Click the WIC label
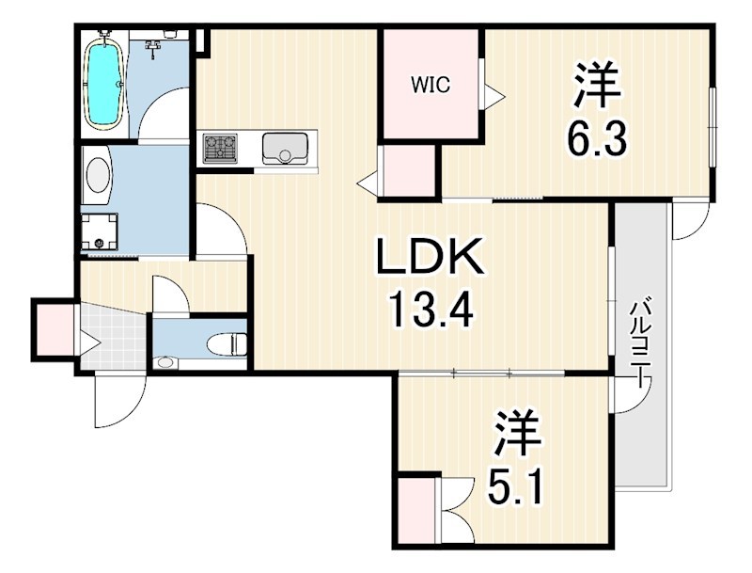point(431,85)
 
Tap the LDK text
point(430,256)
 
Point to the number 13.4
point(431,309)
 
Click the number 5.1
point(515,485)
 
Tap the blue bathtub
point(103,85)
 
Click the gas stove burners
point(220,148)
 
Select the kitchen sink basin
point(285,148)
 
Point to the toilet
point(227,344)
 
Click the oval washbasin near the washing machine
point(98,175)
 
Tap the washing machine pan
point(100,231)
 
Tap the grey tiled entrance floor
point(114,340)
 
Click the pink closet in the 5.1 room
point(415,510)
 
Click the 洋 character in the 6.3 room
point(597,86)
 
